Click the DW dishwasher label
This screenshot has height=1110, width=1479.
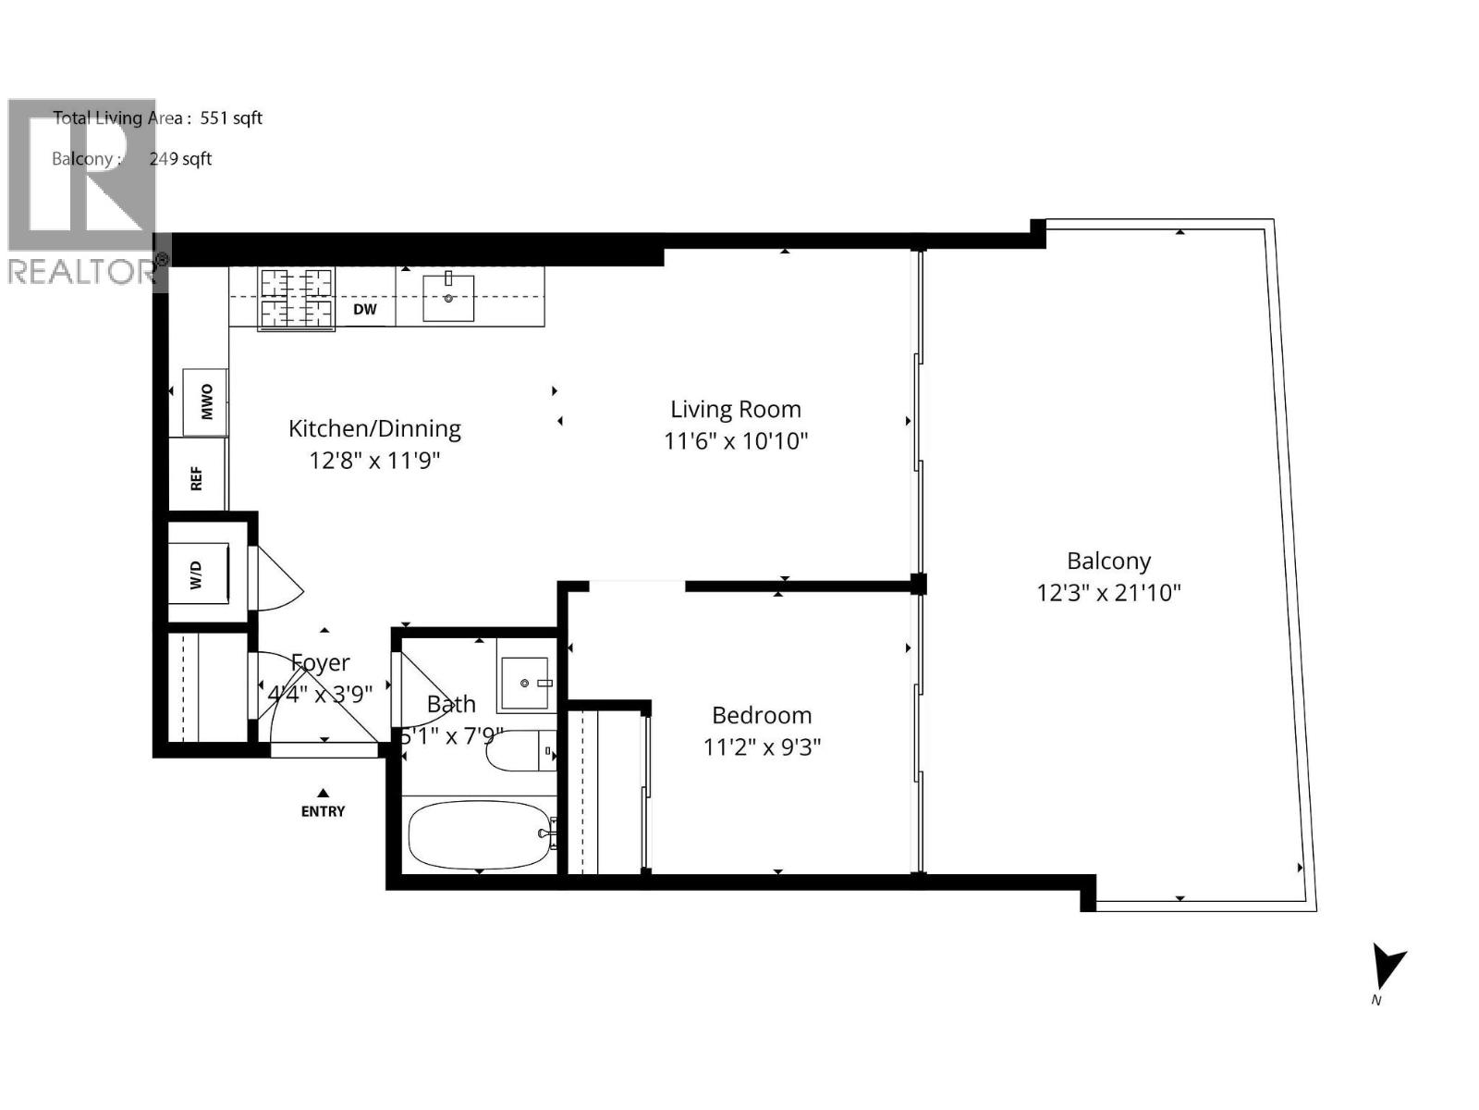[x=365, y=309]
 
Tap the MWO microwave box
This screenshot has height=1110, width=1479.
[x=205, y=401]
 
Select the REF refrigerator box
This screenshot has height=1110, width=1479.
[x=196, y=477]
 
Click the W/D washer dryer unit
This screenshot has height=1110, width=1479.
[x=197, y=573]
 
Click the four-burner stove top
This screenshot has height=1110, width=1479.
[x=296, y=298]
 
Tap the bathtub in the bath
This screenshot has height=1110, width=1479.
[x=478, y=834]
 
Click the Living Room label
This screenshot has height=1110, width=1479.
[x=736, y=409]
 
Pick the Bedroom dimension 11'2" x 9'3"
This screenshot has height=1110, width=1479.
[x=762, y=746]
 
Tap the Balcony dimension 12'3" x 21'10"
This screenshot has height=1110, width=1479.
[x=1108, y=592]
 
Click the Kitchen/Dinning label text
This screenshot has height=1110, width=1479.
[x=374, y=428]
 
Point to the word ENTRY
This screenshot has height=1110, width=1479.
[x=323, y=811]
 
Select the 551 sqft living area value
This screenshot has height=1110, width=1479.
[x=231, y=117]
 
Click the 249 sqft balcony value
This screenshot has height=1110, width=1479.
[x=180, y=158]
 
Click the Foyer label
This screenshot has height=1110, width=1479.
[x=321, y=662]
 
